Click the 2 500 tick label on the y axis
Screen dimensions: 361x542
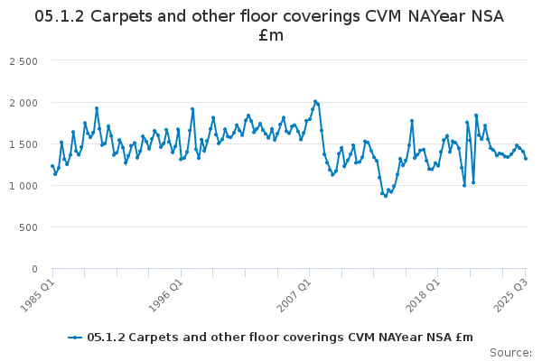[23, 60]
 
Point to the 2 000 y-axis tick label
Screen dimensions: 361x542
[23, 102]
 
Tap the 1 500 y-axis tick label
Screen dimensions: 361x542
[23, 143]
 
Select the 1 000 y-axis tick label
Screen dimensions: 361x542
[23, 185]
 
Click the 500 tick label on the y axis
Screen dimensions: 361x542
[29, 227]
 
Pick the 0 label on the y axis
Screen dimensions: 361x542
[33, 268]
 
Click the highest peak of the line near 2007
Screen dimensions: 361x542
[315, 101]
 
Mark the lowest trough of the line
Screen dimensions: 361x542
[386, 195]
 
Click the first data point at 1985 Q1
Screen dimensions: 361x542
[52, 166]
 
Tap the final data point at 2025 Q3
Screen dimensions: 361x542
[526, 159]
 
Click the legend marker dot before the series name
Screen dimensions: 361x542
[76, 338]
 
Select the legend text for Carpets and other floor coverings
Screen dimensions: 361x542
[280, 338]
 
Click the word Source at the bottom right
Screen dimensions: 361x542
[510, 352]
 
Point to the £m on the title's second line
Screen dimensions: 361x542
[271, 36]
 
